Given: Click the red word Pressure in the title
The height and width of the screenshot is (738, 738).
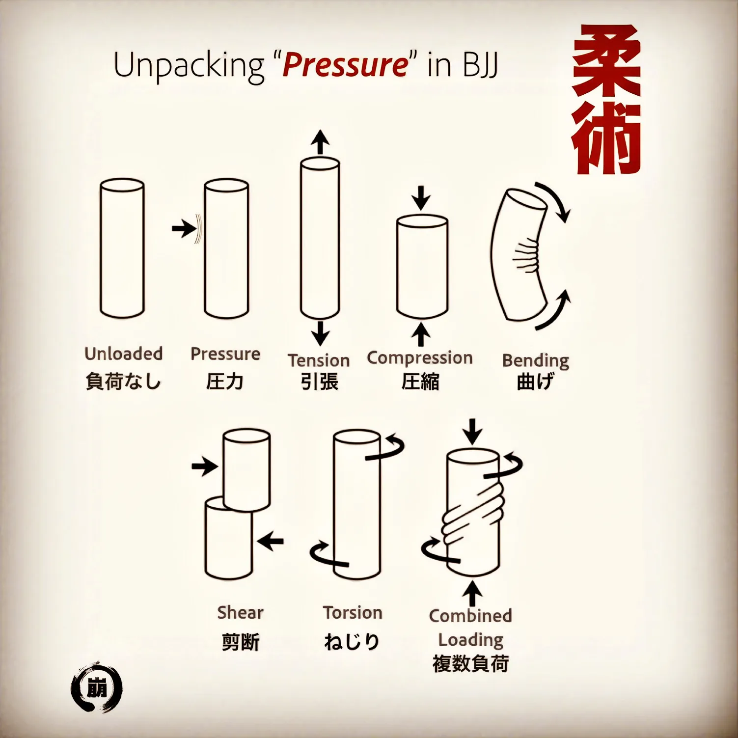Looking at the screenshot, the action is coord(345,65).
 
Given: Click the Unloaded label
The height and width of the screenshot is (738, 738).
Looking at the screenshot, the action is coord(123,354).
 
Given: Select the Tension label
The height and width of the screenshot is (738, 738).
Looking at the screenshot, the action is coord(319,360).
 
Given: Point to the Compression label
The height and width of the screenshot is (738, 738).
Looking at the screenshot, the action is coord(420,358).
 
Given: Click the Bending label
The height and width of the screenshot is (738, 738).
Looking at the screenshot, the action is coord(536,361).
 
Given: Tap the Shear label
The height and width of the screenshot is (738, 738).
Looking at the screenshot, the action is coord(240,612).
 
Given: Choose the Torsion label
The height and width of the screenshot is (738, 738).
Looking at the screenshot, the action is coord(353,612).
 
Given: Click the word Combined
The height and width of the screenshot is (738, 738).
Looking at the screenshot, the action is coord(470,615).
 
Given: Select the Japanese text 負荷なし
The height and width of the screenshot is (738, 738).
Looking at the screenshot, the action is coord(123,382).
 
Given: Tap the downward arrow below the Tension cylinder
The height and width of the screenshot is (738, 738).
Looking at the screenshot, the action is coord(320,333).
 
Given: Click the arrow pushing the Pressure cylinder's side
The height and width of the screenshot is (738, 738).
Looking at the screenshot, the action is coord(184,228).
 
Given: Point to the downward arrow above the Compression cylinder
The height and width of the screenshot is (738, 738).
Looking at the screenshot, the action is coord(421,198).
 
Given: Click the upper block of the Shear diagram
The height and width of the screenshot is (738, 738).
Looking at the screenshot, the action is coord(246,470).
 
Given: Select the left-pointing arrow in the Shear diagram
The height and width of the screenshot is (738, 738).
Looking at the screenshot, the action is coord(271,542).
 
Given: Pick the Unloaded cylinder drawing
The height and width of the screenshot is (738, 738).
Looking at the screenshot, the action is coord(122,248).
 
